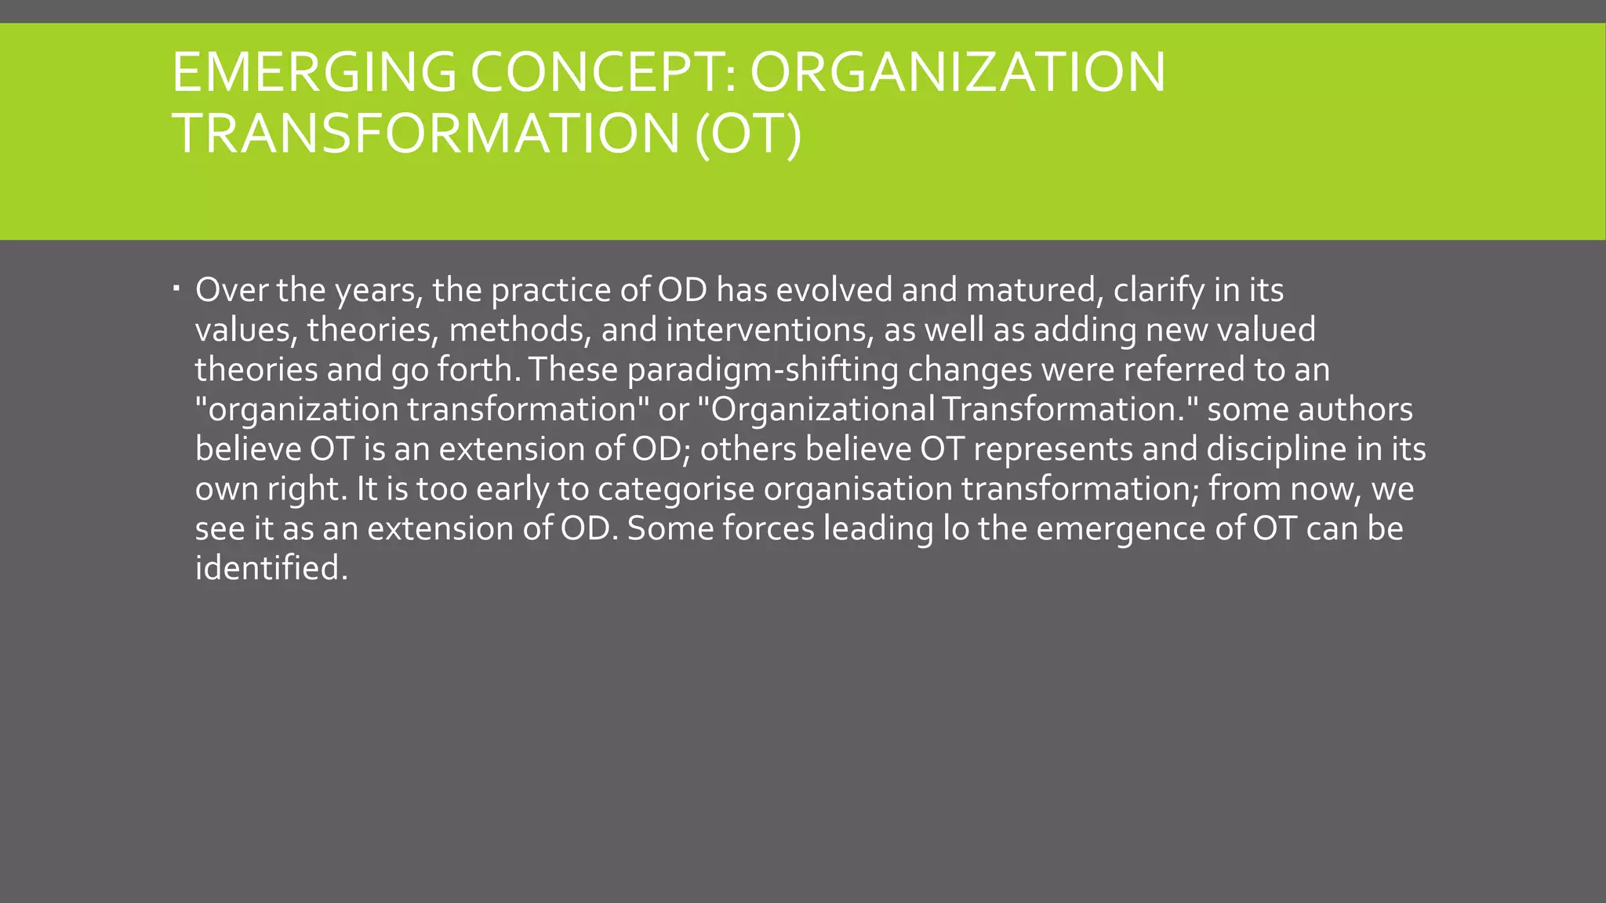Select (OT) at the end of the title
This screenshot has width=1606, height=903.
[749, 133]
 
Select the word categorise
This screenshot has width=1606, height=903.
[676, 489]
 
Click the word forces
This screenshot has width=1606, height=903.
[768, 529]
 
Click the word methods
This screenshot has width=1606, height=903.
[519, 330]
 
